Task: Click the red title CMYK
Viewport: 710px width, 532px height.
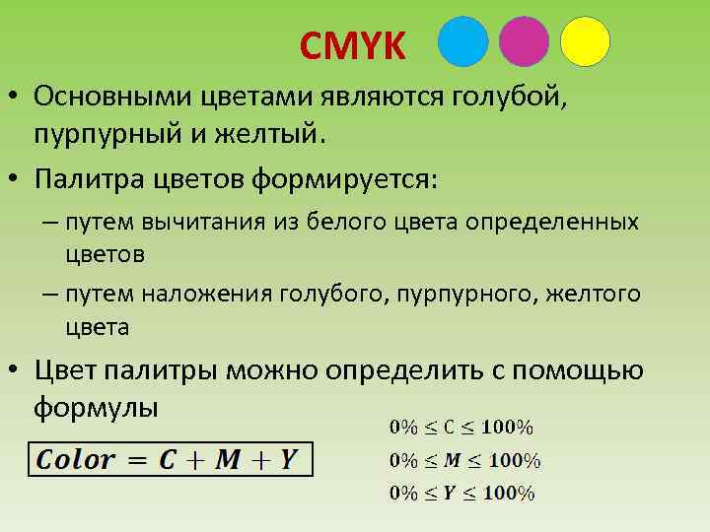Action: pos(352,45)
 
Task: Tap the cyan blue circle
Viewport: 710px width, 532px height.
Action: pos(462,41)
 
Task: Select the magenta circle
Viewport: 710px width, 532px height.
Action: pos(524,41)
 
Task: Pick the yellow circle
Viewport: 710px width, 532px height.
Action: pos(584,41)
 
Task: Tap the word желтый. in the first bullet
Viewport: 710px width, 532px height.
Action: pos(271,131)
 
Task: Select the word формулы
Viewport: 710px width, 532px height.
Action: pos(95,405)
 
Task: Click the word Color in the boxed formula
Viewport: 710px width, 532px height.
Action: pos(76,459)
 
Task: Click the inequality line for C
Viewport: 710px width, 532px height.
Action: pos(461,428)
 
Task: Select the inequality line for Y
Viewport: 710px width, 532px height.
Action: pos(461,494)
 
